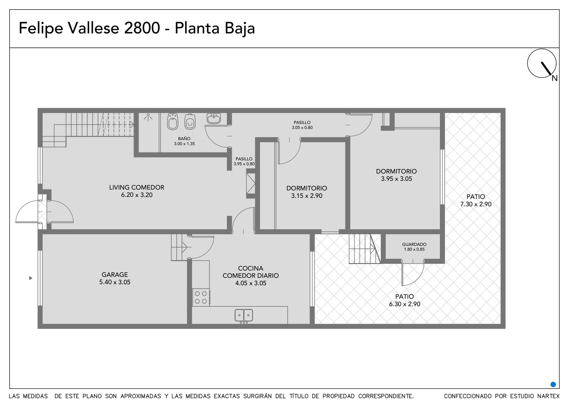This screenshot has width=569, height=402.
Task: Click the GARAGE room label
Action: click(x=115, y=274)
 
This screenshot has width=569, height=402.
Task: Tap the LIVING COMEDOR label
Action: click(x=137, y=187)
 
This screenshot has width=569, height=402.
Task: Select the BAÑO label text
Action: click(x=184, y=138)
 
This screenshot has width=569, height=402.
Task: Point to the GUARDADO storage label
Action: click(x=414, y=244)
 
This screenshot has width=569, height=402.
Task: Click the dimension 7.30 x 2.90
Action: click(x=476, y=204)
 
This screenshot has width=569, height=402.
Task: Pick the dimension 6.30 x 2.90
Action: click(x=405, y=304)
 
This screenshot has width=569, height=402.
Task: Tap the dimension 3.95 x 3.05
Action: click(x=396, y=179)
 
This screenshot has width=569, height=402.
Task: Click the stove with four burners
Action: click(x=201, y=298)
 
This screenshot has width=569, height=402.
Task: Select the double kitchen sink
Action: click(x=244, y=315)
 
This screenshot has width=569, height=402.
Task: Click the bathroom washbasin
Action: click(x=214, y=118)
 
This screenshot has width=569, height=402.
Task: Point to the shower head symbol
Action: click(x=148, y=117)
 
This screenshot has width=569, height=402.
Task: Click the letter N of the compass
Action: click(x=554, y=78)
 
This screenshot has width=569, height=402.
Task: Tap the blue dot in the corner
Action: click(x=553, y=385)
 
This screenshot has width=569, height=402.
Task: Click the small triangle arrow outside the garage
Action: click(x=31, y=278)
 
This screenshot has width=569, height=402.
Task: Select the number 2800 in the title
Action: click(x=142, y=28)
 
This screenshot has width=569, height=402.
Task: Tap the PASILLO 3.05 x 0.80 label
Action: click(x=302, y=125)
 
